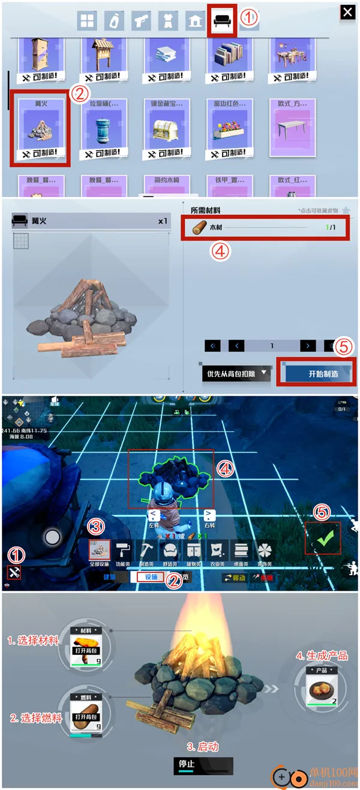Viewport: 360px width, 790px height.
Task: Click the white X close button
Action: coord(347,12)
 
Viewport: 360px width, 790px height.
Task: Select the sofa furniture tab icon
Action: coord(221,22)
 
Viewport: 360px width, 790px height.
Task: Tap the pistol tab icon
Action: coord(140,22)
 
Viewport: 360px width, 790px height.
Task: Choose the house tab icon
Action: coord(194,22)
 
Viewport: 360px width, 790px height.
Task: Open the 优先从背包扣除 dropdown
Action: coord(236,374)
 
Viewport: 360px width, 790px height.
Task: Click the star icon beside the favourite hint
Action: coord(346,211)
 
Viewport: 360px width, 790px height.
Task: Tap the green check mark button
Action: coord(323,538)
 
